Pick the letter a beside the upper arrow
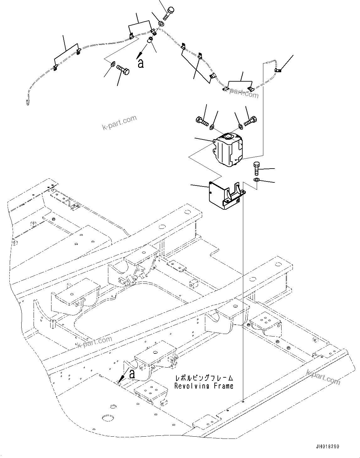tap(141, 63)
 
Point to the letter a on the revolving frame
tap(132, 374)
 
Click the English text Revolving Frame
tap(204, 386)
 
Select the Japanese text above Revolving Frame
tap(204, 378)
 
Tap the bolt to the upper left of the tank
tap(201, 121)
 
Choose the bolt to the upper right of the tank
tap(250, 121)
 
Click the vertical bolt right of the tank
tap(256, 169)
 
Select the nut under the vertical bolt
tap(256, 180)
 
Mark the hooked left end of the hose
tap(27, 100)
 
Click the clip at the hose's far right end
tap(277, 70)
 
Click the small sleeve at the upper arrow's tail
tap(150, 40)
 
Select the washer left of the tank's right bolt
tap(241, 127)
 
